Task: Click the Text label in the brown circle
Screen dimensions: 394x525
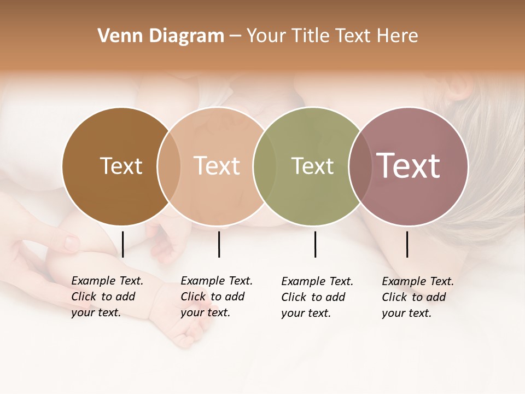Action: (121, 166)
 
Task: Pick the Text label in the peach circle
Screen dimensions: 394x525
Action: (217, 166)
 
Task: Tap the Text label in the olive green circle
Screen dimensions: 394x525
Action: (312, 166)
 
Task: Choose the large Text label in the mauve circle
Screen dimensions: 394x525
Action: (409, 166)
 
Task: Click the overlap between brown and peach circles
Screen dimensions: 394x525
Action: (169, 166)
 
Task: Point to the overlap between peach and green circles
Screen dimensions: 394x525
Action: (265, 166)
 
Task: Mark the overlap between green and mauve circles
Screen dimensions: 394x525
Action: (360, 166)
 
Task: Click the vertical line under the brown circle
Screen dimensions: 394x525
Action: (122, 244)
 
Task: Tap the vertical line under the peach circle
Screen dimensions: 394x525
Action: (219, 244)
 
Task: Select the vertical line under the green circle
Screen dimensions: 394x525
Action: (315, 244)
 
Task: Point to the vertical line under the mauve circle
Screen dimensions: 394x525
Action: (407, 244)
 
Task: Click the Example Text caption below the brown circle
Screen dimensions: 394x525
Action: (107, 297)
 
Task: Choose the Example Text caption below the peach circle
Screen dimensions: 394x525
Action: (216, 297)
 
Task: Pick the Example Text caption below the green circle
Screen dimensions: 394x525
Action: (317, 297)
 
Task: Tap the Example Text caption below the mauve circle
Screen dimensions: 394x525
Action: (417, 297)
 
